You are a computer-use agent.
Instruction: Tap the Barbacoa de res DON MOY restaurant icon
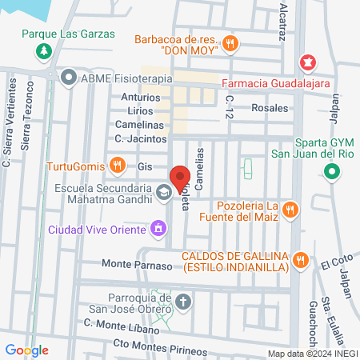230,43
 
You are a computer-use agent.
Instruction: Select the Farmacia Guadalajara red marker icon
306,62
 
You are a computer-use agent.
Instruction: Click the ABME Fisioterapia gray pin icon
68,78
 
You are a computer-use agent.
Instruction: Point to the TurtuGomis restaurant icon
117,166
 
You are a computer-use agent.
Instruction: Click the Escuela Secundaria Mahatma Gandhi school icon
163,193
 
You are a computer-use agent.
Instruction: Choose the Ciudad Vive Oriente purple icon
158,230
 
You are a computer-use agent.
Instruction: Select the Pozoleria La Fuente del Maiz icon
290,210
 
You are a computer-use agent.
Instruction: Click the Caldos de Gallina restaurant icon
301,258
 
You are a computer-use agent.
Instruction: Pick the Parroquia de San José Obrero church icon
183,302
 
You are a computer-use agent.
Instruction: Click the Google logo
26,350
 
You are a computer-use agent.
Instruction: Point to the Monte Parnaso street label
138,264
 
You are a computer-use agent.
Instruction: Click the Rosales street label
270,107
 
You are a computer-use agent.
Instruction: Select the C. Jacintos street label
141,138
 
